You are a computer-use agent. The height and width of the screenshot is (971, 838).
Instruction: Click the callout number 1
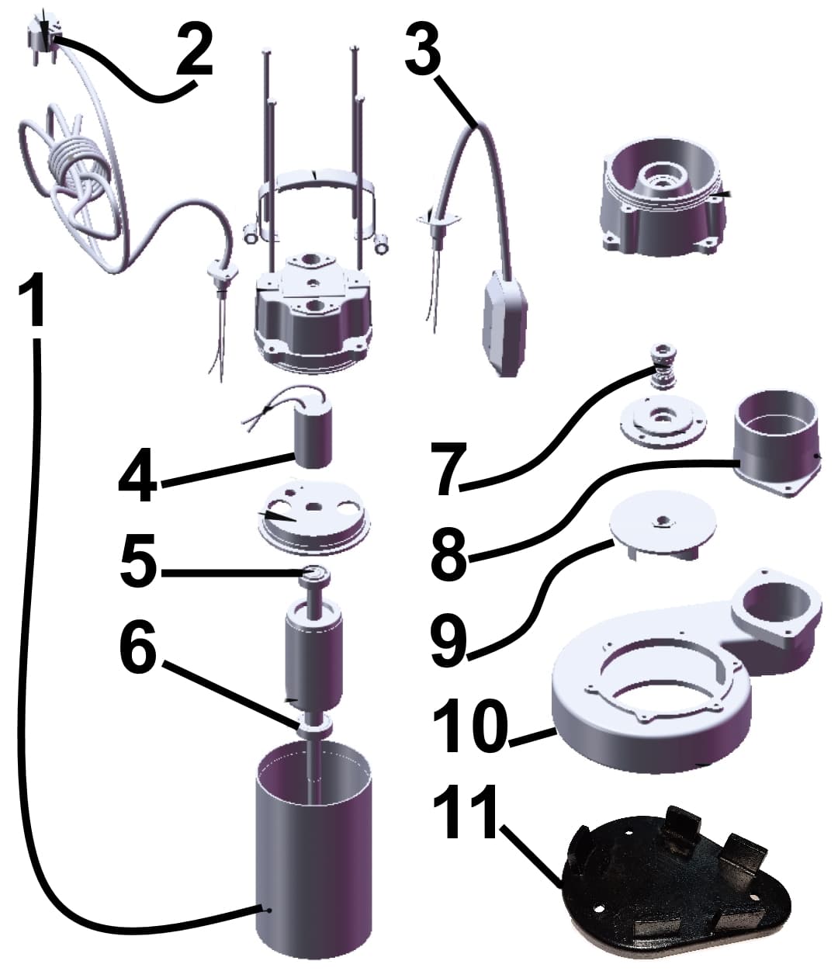(x=31, y=300)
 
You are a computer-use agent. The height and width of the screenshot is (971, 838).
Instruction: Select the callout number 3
(x=423, y=49)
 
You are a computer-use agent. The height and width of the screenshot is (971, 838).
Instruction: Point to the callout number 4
(x=137, y=474)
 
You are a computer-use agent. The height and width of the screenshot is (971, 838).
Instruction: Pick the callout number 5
(x=138, y=560)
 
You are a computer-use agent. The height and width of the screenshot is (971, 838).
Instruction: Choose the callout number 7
(x=449, y=468)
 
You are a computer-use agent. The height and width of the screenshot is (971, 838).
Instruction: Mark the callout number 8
(x=449, y=551)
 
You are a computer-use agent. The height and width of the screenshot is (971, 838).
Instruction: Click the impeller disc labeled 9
(x=663, y=525)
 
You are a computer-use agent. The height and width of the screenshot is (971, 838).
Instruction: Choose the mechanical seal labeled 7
(x=663, y=367)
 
